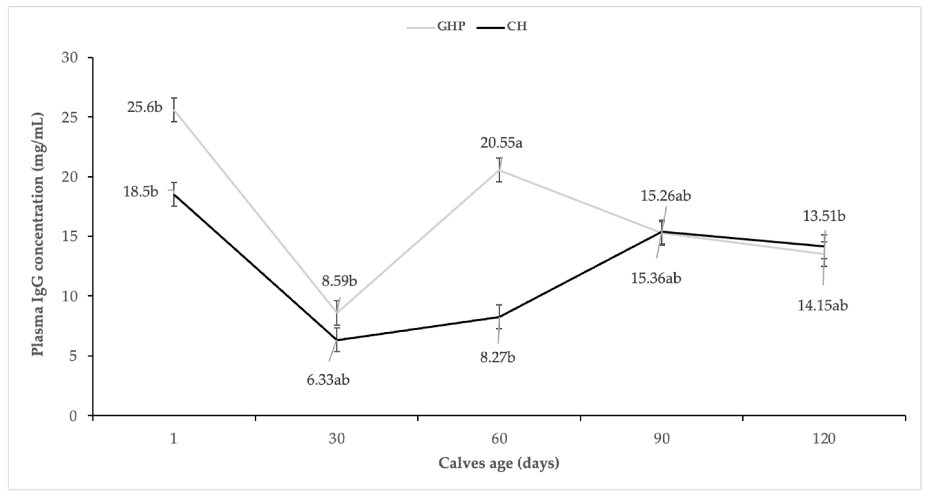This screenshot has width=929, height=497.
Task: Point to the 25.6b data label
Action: (145, 107)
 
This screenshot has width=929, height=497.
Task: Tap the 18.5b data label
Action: (141, 192)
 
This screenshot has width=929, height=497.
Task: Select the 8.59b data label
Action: (339, 281)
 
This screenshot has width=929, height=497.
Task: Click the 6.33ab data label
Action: (328, 380)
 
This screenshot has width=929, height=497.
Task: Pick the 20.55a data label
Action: (501, 143)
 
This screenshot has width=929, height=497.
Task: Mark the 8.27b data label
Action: (497, 358)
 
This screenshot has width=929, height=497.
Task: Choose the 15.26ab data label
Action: (665, 196)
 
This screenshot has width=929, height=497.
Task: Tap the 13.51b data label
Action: (824, 216)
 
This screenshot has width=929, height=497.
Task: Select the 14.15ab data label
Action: (822, 306)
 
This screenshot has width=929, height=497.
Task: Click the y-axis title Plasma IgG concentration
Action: (38, 235)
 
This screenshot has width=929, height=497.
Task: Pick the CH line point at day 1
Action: (174, 194)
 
